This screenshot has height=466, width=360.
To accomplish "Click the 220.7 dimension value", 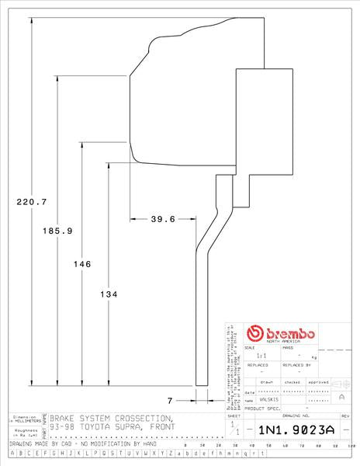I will pyautogui.click(x=32, y=202).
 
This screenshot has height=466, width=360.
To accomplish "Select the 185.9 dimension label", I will pyautogui.click(x=57, y=231).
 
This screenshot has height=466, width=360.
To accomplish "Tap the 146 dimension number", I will pyautogui.click(x=82, y=264).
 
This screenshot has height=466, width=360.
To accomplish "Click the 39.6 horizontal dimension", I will pyautogui.click(x=162, y=219).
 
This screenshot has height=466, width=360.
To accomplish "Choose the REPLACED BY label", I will pyautogui.click(x=296, y=363).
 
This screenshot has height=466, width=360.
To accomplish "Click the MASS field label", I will pyautogui.click(x=287, y=348).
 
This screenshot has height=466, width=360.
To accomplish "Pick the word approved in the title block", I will pyautogui.click(x=318, y=382).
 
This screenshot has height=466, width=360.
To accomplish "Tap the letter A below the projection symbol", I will pyautogui.click(x=341, y=397).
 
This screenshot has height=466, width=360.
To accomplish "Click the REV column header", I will pyautogui.click(x=346, y=416).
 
